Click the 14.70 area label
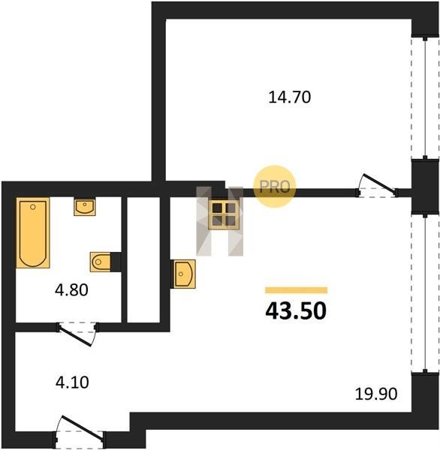coord(289,97)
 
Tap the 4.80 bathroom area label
coord(71,289)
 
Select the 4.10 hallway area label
coord(72,382)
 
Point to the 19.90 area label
coord(376,394)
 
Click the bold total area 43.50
coord(296,311)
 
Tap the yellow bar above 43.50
coord(297,290)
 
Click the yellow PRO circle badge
coord(274,187)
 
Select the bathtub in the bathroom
coord(33,232)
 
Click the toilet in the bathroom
coord(101,262)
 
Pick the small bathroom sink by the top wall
coord(85,207)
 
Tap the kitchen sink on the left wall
coord(184,274)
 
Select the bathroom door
coord(77,334)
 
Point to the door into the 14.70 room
coord(377,187)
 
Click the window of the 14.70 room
coord(425,97)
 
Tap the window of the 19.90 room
coord(425,292)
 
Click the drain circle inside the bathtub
coord(33,207)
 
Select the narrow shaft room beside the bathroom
coord(143,259)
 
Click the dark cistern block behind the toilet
coord(116,262)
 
